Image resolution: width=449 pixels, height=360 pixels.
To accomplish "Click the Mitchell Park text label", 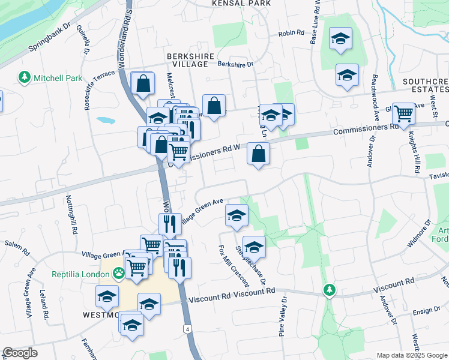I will [x=58, y=78].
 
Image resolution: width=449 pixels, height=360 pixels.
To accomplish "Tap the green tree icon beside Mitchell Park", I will [x=25, y=77].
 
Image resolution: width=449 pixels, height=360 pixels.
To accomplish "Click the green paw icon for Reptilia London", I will [x=119, y=273].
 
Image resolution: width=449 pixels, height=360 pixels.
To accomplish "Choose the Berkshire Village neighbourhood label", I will [x=190, y=60].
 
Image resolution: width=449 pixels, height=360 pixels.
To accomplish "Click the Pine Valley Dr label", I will [x=282, y=315].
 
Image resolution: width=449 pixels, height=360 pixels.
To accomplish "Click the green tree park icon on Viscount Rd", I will [x=329, y=290].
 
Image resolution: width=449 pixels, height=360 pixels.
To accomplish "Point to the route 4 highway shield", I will [x=188, y=329].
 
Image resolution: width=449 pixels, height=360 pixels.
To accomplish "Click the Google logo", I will [x=20, y=353].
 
